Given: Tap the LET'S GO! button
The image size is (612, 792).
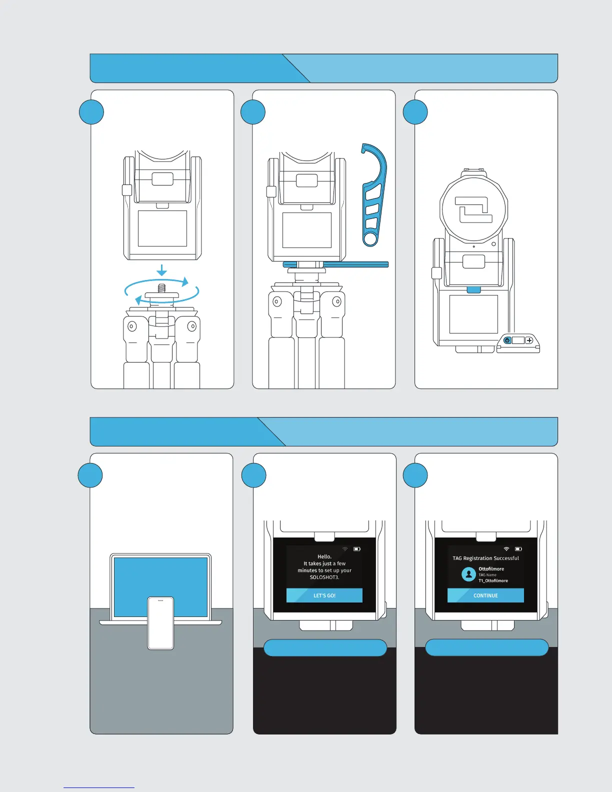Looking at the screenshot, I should (x=324, y=595).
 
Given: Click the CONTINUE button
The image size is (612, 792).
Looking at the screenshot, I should (x=485, y=595).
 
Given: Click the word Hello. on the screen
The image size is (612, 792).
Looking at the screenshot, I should (x=324, y=556).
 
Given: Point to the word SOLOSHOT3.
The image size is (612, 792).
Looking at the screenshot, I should (x=324, y=577).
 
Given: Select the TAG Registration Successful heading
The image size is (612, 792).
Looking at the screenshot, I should (x=485, y=558).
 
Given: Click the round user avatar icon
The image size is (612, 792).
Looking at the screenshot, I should (x=468, y=574).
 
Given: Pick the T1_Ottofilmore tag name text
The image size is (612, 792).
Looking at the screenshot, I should (x=493, y=581).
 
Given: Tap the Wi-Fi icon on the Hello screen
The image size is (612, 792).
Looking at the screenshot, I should (x=345, y=549).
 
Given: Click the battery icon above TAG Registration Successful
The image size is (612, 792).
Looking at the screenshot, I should (x=518, y=549).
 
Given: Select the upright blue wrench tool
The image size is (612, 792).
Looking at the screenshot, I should (x=373, y=195).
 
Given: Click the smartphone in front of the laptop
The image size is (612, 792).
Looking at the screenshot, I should (x=160, y=623).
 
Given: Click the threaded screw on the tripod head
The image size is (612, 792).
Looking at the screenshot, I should (x=161, y=288).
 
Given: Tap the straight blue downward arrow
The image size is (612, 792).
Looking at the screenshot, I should (x=161, y=270).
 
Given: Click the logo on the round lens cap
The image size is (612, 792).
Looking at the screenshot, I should (x=473, y=210).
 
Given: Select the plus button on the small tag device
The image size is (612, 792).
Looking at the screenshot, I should (x=529, y=340).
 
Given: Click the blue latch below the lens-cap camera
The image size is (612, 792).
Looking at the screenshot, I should (x=473, y=290).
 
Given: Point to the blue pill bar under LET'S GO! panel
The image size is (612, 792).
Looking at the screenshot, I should (x=325, y=648).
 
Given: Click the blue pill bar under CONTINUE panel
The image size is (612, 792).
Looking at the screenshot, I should (x=486, y=647).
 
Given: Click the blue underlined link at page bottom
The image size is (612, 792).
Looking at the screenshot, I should (x=99, y=787).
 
